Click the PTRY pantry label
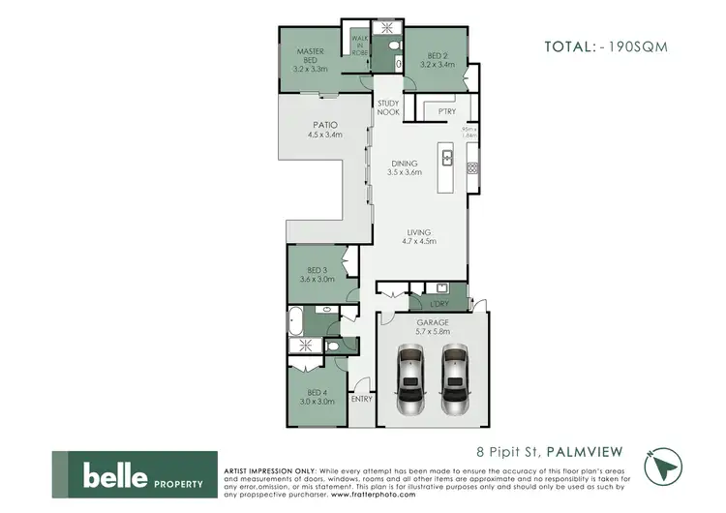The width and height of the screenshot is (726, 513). click(x=446, y=111)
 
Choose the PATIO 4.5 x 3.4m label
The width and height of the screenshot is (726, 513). click(x=325, y=130)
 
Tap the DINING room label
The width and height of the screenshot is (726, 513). click(x=405, y=167)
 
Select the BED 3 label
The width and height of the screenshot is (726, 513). click(x=319, y=275)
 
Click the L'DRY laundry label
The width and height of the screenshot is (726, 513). click(x=439, y=304)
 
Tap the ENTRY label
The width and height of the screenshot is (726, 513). click(x=362, y=399)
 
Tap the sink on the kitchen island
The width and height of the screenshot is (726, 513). click(x=447, y=156)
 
